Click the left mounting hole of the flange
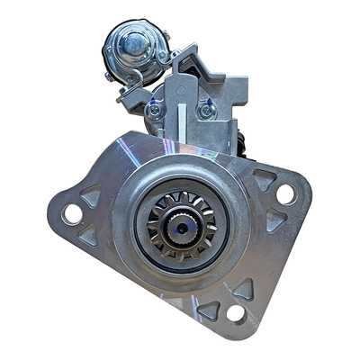[x=71, y=213]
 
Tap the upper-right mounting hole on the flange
[x=285, y=193]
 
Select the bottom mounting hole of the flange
[x=236, y=312]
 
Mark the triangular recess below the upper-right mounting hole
[x=276, y=219]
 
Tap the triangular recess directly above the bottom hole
[x=241, y=288]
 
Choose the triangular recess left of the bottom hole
[x=209, y=308]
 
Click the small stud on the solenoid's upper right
[x=164, y=36]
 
